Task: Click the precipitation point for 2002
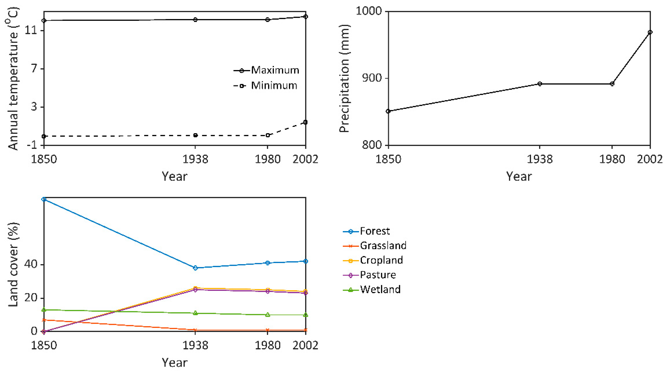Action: (x=650, y=32)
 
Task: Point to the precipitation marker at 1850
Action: (x=388, y=111)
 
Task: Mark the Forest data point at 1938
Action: (x=195, y=268)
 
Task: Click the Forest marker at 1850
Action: (x=44, y=199)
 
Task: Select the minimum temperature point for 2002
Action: (x=305, y=122)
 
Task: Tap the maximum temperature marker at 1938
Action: (x=195, y=20)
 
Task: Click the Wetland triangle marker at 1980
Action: (x=268, y=315)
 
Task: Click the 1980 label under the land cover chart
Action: (x=268, y=345)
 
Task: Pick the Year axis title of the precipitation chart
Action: (x=519, y=177)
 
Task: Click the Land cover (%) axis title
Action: (x=13, y=265)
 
